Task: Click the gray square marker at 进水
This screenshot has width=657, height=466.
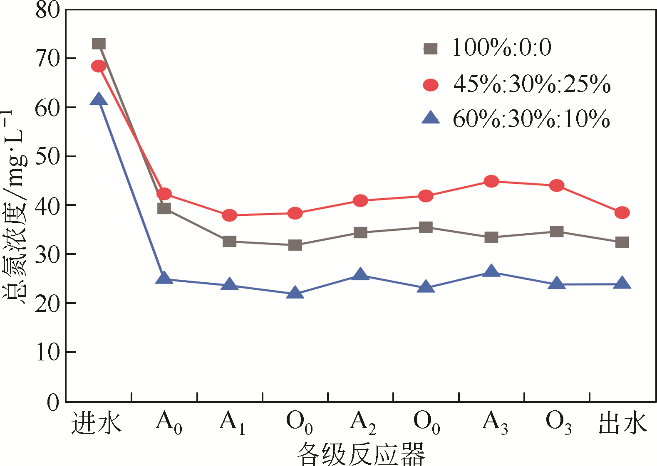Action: [x=99, y=44]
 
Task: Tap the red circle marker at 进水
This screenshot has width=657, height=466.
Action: [x=99, y=66]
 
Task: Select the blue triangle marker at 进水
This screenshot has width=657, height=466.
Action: [x=99, y=99]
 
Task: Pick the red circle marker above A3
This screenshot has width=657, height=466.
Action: [x=491, y=181]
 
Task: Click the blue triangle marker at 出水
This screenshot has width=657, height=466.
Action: [x=622, y=284]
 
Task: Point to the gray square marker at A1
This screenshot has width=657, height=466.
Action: [x=229, y=242]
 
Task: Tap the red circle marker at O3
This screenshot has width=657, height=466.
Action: [x=557, y=185]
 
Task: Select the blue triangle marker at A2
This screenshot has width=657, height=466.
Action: [x=360, y=275]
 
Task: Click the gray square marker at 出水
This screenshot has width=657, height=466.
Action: [x=622, y=242]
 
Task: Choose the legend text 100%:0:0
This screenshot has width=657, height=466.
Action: [x=501, y=47]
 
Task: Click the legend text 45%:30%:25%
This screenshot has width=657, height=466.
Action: [x=532, y=84]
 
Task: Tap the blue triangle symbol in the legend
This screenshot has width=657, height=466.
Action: [x=431, y=118]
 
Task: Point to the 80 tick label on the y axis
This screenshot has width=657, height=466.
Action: [x=48, y=10]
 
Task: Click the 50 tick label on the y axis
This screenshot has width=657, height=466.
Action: [x=48, y=156]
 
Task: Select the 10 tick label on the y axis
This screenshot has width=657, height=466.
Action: [x=48, y=353]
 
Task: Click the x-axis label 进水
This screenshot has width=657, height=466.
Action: [x=96, y=423]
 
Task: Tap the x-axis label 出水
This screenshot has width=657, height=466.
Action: [x=622, y=423]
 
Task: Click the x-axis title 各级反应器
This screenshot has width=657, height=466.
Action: [x=361, y=454]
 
